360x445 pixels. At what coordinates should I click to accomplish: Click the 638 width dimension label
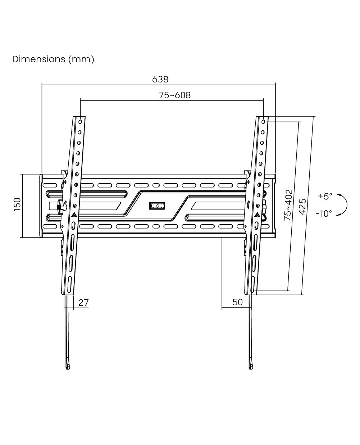(x=160, y=80)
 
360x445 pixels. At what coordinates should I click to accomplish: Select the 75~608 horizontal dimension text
(x=175, y=95)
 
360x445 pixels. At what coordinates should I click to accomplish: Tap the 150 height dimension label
(x=17, y=204)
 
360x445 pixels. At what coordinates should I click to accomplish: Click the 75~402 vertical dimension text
(x=288, y=205)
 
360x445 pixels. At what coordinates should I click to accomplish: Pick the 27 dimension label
(x=83, y=302)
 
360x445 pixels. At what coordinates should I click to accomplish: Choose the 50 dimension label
(x=237, y=302)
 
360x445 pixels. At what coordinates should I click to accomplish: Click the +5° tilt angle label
(x=324, y=196)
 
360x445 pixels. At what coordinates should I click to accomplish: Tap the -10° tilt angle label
(x=323, y=214)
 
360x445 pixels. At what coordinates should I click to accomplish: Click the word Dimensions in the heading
(x=38, y=59)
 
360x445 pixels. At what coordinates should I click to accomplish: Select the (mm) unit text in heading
(x=81, y=59)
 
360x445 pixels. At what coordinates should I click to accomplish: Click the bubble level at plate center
(x=157, y=206)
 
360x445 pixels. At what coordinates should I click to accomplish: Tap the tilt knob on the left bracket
(x=61, y=207)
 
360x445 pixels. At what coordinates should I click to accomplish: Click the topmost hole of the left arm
(x=80, y=122)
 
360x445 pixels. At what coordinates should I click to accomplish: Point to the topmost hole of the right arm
(x=263, y=122)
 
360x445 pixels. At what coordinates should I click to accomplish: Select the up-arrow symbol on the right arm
(x=257, y=214)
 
